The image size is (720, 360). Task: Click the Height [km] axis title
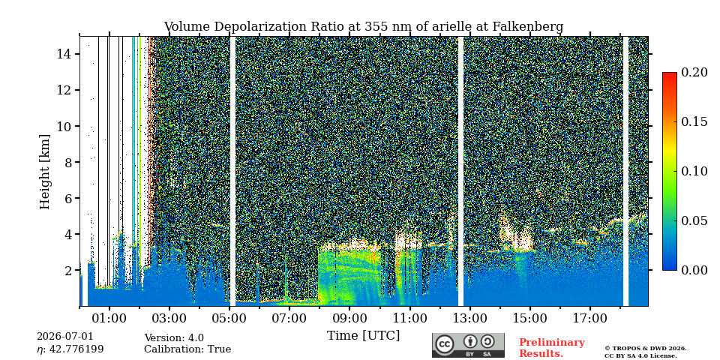coord(44,172)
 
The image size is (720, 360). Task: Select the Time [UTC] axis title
coord(363,336)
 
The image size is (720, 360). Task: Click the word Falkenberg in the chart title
coord(527,27)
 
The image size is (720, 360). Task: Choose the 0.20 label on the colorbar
coord(694,72)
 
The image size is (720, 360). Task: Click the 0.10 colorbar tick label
coord(694,171)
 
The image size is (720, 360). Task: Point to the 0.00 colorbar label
coord(694,270)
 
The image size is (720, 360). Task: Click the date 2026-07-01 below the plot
coord(65,337)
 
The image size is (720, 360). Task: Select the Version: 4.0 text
coord(174,338)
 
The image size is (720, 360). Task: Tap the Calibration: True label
coord(187,349)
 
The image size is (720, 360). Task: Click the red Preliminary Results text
coord(552,348)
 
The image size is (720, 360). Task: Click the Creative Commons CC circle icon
coord(445,344)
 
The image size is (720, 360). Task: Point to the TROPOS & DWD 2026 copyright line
coord(646,349)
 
